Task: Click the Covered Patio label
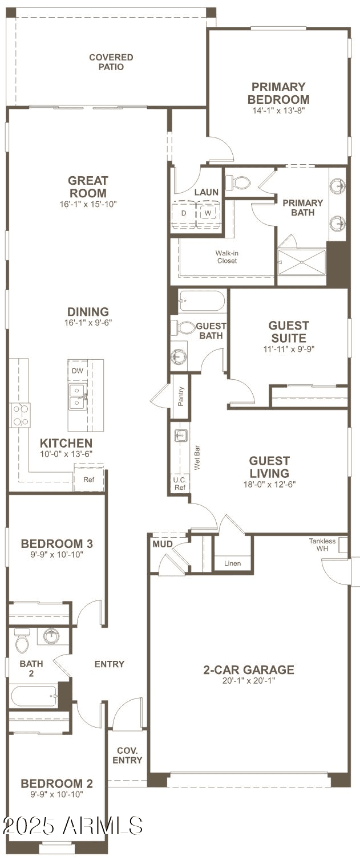click(111, 62)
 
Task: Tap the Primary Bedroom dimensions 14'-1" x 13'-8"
click(279, 111)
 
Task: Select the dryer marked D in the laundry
click(184, 213)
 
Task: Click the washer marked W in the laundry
click(207, 213)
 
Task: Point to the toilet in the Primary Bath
click(238, 183)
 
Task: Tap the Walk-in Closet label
click(226, 257)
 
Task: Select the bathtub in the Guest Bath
click(201, 301)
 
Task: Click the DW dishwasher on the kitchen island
click(77, 371)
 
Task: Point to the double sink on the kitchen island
click(77, 396)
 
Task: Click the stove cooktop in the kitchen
click(20, 415)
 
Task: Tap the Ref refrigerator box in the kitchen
click(88, 479)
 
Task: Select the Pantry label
click(181, 396)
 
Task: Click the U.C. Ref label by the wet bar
click(179, 484)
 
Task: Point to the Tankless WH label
click(322, 545)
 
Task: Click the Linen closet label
click(232, 563)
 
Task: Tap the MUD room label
click(162, 544)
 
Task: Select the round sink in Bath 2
click(52, 636)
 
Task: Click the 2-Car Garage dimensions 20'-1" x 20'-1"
click(249, 680)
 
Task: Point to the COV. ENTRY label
click(127, 756)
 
